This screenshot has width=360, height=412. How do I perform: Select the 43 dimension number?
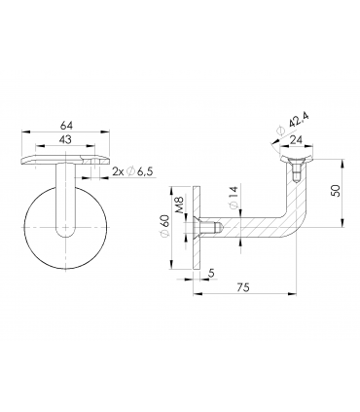pyautogui.click(x=65, y=141)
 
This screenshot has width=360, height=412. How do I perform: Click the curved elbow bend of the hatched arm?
pyautogui.click(x=285, y=222)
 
